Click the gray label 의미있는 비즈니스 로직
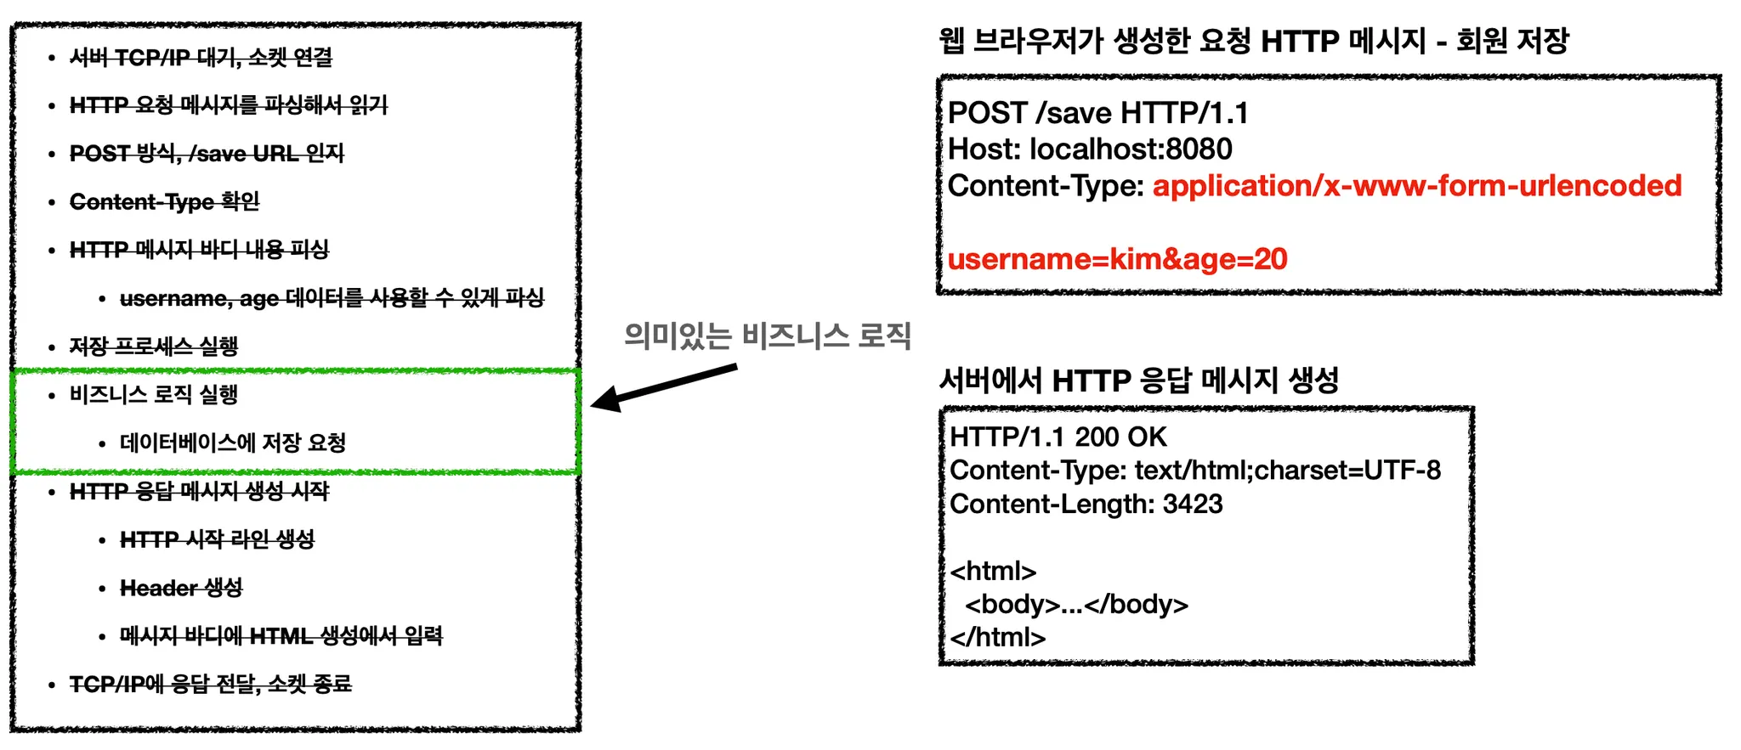click(767, 336)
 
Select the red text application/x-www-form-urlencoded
click(1416, 186)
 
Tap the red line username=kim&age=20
click(1117, 259)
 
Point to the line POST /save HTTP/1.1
click(1097, 113)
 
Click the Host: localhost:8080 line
click(1090, 149)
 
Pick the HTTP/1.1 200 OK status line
click(1058, 437)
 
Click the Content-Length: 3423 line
click(1086, 504)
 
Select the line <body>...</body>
click(1076, 604)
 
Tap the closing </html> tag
click(997, 637)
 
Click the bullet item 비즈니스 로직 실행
click(154, 394)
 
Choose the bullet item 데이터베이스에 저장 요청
click(233, 443)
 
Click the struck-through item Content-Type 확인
click(164, 201)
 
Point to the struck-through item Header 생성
click(181, 588)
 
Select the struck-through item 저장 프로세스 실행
click(154, 347)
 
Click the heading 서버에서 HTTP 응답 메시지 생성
click(1138, 380)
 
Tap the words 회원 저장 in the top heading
click(1512, 40)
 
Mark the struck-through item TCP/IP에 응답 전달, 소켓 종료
click(210, 685)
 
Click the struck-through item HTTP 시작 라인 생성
click(217, 539)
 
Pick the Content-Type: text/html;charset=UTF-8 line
click(1194, 470)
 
